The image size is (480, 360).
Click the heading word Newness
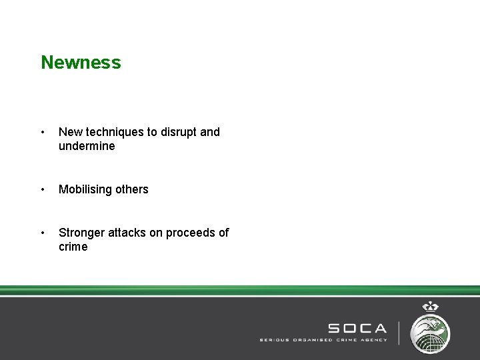(x=81, y=63)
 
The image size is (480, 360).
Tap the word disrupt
(x=175, y=132)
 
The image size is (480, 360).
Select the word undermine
(x=87, y=146)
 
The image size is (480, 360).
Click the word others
(x=132, y=189)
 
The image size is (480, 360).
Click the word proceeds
(x=190, y=233)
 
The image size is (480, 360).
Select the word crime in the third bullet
(x=73, y=247)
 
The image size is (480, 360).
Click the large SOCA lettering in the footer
(x=357, y=328)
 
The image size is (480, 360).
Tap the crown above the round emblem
(x=430, y=307)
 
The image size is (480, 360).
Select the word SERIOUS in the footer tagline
(x=274, y=340)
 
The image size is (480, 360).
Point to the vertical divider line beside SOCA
(x=399, y=333)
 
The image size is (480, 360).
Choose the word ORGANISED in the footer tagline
(x=311, y=340)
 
